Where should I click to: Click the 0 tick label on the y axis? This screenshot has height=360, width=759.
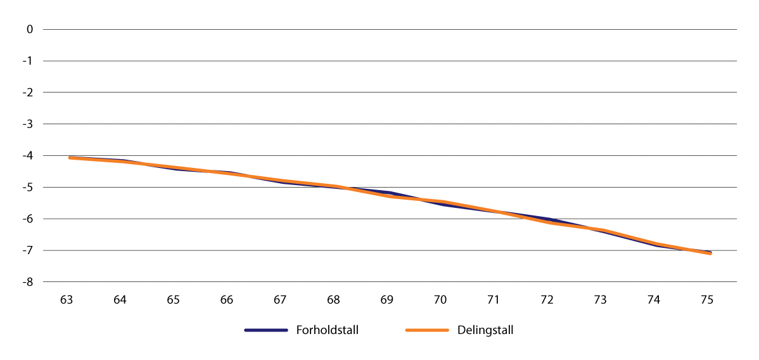[29, 29]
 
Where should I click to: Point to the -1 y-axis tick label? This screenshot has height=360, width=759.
[28, 61]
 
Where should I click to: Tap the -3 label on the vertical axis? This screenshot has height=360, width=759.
[28, 124]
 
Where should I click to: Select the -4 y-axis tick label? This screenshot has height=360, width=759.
[28, 156]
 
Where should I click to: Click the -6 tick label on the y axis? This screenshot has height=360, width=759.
[28, 219]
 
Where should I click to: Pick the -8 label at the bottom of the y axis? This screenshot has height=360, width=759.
[28, 282]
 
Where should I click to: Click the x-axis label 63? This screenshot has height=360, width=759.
[67, 300]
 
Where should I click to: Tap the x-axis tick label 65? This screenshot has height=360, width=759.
[174, 300]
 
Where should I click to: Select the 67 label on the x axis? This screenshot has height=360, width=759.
[280, 300]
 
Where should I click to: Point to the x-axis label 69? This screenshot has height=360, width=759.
[387, 300]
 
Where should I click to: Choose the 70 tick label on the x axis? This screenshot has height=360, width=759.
[440, 300]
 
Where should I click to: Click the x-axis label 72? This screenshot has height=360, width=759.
[547, 300]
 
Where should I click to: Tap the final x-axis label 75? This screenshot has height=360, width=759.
[708, 300]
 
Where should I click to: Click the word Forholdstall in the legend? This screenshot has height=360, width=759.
[327, 330]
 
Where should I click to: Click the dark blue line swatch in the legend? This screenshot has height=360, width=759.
[267, 330]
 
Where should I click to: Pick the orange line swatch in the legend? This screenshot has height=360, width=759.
[427, 330]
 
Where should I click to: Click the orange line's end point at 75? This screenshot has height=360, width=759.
[710, 254]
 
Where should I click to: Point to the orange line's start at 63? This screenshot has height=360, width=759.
[69, 158]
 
